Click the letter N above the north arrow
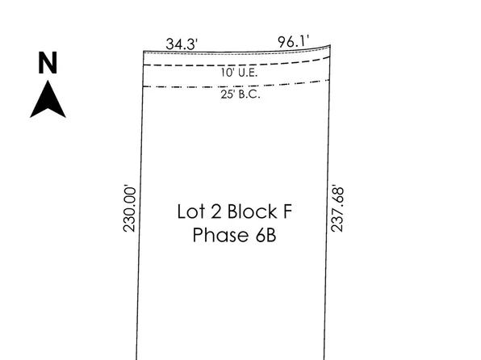coord(48,63)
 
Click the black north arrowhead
coord(48,101)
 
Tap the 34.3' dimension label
coord(182,43)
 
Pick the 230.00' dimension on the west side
coord(129,208)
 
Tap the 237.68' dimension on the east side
coord(338,208)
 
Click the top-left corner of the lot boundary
coord(144,51)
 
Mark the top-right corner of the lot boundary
coord(331,47)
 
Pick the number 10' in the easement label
coord(226,73)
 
